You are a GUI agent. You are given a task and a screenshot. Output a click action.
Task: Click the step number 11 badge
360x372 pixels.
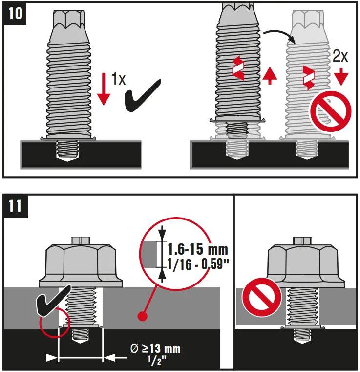coord(15,205)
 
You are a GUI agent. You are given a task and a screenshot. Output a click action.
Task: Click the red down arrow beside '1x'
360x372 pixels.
coord(103,88)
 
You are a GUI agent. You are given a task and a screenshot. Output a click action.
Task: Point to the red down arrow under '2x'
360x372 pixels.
coord(341,76)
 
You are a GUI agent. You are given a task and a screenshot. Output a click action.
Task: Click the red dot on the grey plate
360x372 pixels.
coord(143,316)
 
